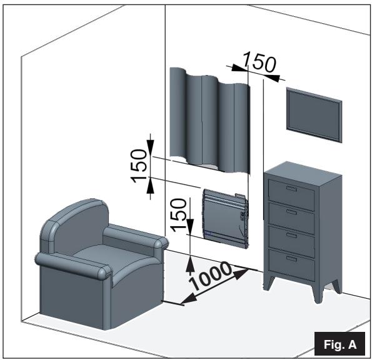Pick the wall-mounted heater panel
click(224, 215)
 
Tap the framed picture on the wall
click(314, 114)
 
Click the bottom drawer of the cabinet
click(291, 262)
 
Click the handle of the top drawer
click(291, 188)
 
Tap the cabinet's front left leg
click(268, 282)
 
